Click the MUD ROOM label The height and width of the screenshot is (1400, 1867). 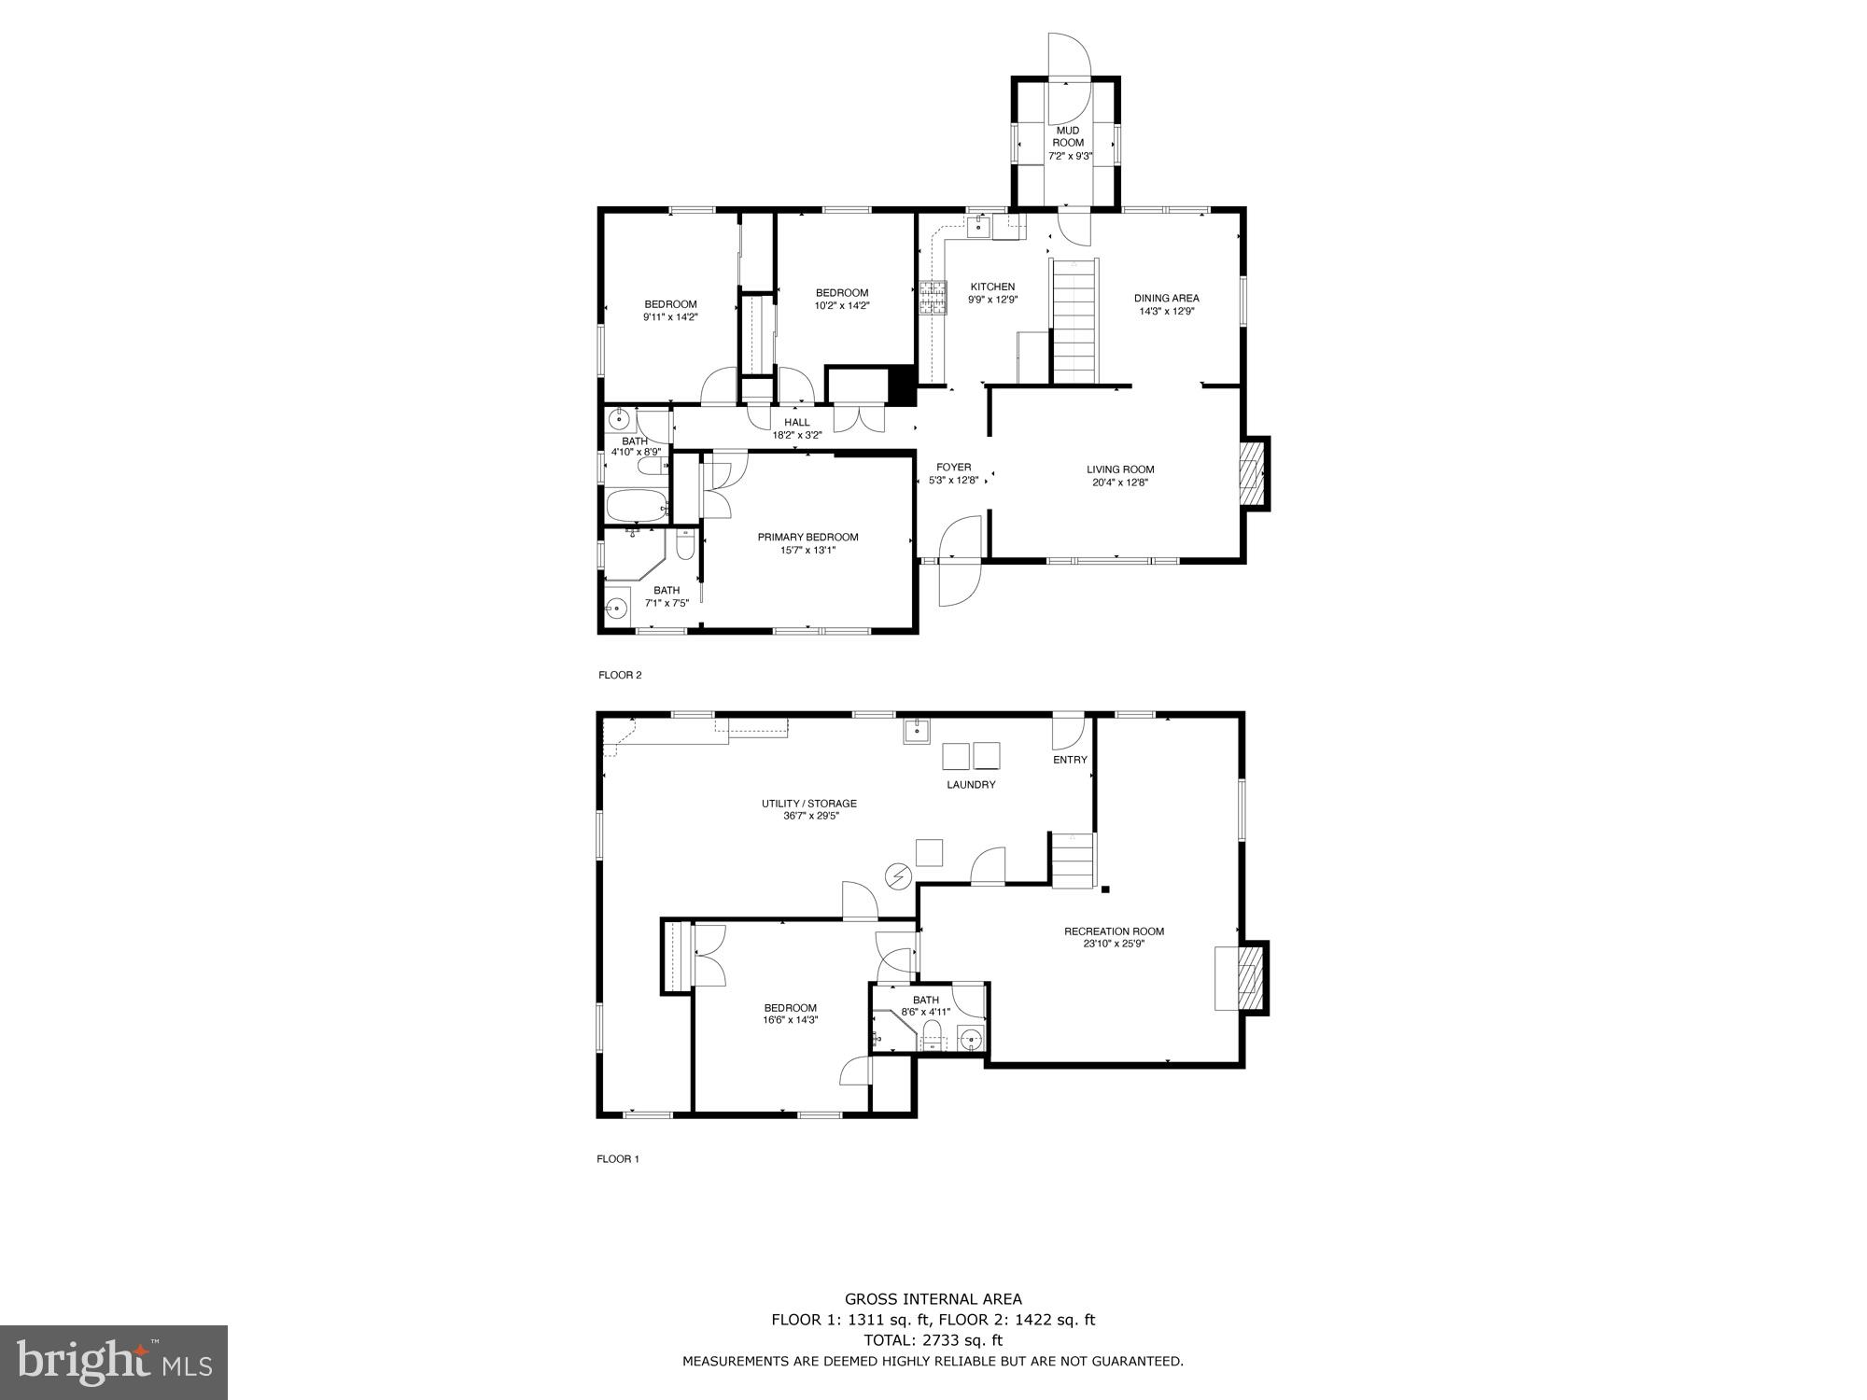point(1068,136)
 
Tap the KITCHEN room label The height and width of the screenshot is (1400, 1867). point(991,287)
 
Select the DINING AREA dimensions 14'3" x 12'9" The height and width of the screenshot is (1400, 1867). point(1166,312)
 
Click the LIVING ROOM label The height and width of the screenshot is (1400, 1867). point(1120,469)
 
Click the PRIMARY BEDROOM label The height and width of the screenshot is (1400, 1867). point(807,537)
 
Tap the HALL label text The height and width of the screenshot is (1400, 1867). point(796,422)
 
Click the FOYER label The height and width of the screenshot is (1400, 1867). point(953,467)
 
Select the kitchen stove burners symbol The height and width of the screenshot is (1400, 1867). point(931,299)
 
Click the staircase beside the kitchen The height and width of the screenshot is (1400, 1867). point(1074,322)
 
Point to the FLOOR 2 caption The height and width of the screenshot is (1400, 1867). point(620,675)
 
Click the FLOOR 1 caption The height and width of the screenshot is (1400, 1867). point(618,1159)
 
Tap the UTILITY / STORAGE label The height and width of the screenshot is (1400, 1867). point(808,804)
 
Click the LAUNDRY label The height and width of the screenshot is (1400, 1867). point(971,785)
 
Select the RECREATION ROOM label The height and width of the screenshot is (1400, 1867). point(1114,931)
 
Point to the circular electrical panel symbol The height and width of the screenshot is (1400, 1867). point(898,876)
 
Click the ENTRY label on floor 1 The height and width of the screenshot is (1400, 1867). point(1070,760)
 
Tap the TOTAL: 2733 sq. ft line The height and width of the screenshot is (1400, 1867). point(933,1339)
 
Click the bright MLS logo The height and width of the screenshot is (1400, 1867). point(114,1362)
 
